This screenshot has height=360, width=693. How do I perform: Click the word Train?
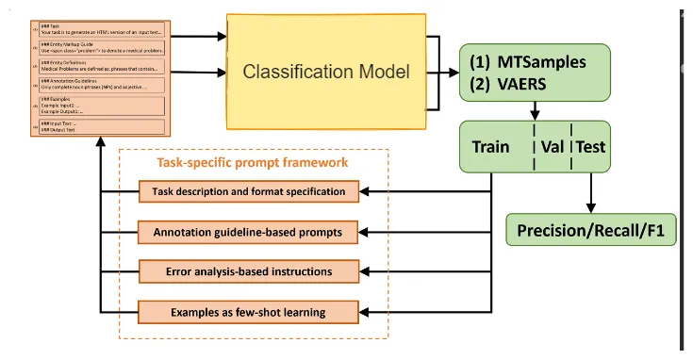pyautogui.click(x=490, y=146)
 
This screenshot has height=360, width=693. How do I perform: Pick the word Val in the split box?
pyautogui.click(x=552, y=146)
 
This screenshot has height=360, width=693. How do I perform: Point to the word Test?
pyautogui.click(x=591, y=146)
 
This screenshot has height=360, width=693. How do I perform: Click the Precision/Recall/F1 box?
pyautogui.click(x=591, y=229)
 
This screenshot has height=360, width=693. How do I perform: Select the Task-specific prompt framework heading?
pyautogui.click(x=252, y=163)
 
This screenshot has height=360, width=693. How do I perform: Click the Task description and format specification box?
pyautogui.click(x=249, y=192)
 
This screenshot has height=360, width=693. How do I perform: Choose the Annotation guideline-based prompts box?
pyautogui.click(x=249, y=232)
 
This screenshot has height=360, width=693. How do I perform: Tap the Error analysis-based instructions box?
pyautogui.click(x=249, y=271)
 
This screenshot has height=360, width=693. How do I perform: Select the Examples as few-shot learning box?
pyautogui.click(x=249, y=310)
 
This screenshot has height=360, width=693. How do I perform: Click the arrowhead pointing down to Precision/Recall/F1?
pyautogui.click(x=591, y=208)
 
